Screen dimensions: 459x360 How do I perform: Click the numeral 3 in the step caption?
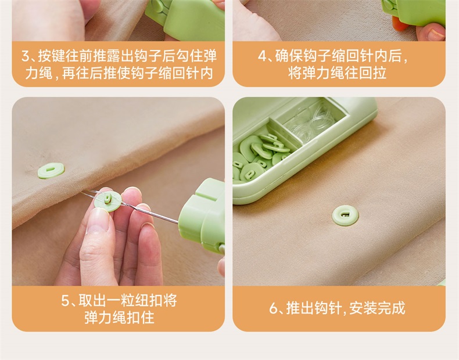26,56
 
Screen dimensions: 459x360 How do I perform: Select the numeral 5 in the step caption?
65,301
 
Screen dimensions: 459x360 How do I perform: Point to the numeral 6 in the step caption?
273,308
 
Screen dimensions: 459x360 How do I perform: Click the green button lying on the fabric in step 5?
51,171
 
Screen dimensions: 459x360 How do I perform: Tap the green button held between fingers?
108,201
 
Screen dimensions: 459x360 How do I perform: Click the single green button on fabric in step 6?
346,215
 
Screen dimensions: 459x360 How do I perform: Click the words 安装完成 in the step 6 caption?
377,308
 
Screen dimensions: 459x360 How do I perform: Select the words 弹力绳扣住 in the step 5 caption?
120,318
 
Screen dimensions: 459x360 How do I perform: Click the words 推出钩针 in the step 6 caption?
314,308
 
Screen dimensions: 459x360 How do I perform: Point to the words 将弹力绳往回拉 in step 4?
337,73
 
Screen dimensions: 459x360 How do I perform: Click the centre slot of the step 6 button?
346,215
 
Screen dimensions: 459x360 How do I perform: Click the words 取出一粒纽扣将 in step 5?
128,301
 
